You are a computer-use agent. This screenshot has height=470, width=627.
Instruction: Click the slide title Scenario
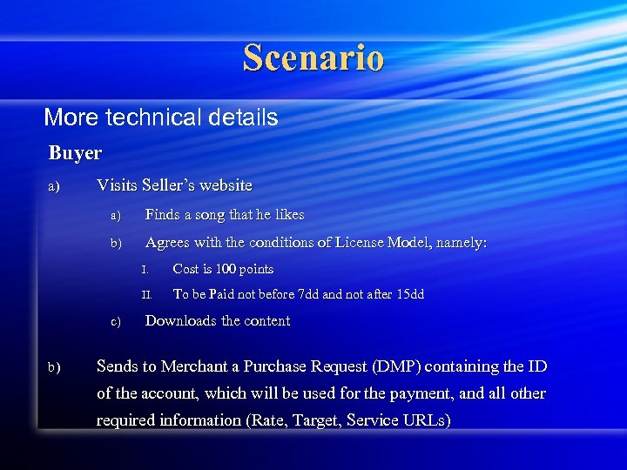point(313,57)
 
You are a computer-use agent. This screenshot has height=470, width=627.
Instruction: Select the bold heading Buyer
point(75,153)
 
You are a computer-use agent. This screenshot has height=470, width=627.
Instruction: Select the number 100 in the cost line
point(225,269)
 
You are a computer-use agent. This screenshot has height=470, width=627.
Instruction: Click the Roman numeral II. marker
point(147,295)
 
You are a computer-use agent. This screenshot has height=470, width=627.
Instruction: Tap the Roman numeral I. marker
point(146,270)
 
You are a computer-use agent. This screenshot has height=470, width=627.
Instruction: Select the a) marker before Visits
point(54,186)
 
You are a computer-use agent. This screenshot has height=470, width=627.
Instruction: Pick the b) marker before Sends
point(54,367)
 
